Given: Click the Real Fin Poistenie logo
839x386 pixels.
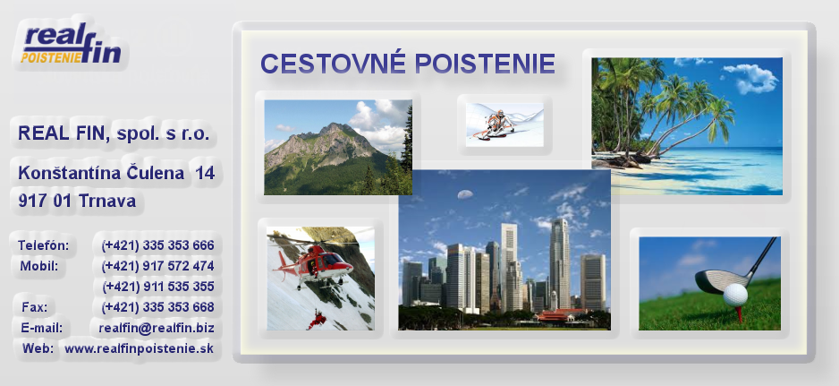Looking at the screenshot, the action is tap(71, 43).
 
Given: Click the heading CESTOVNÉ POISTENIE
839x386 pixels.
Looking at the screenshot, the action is tap(408, 64).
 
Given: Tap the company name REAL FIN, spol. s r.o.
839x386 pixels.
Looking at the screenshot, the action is tap(114, 133).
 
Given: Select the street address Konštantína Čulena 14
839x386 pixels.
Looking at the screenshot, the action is tap(116, 173).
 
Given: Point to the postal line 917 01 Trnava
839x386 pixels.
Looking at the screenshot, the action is tap(77, 201).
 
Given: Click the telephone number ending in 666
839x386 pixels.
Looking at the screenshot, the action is tap(157, 245).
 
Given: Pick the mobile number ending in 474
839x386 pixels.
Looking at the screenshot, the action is tap(157, 266).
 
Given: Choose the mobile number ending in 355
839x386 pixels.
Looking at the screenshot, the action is tap(157, 287).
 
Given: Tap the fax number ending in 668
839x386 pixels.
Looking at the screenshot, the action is tap(157, 307).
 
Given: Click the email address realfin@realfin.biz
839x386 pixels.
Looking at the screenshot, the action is tap(157, 328).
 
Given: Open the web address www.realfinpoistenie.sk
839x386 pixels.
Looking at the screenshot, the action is tap(140, 348).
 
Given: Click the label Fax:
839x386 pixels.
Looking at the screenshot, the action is tap(34, 308).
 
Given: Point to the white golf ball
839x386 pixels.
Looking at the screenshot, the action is tap(735, 296).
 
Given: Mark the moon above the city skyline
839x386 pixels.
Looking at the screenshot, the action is tap(465, 194).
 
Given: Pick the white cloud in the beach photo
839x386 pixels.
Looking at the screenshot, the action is tap(750, 78).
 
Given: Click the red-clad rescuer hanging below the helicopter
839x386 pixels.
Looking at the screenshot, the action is tap(317, 319).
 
